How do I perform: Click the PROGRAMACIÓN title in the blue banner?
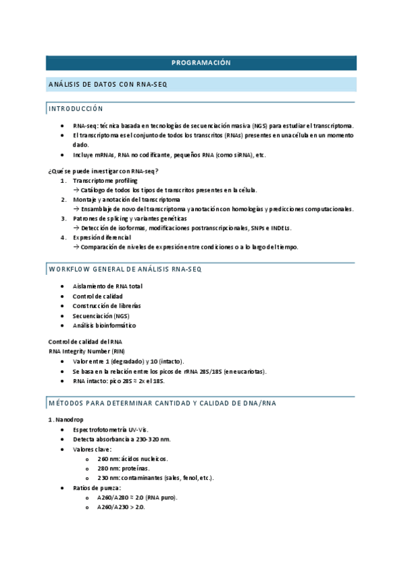tap(201, 63)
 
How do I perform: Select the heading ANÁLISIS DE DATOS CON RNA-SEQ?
tap(107, 85)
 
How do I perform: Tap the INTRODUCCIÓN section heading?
tap(76, 108)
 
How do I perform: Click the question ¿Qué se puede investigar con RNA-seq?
tap(102, 171)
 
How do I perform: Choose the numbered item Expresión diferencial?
tap(102, 237)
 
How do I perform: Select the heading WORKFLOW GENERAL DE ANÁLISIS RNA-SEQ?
tap(125, 269)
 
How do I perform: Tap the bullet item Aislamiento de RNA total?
tap(107, 286)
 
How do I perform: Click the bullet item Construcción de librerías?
tap(107, 306)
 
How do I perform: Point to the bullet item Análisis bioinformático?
tap(104, 325)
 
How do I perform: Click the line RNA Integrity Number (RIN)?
tap(87, 352)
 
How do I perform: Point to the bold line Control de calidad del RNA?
tap(85, 342)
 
